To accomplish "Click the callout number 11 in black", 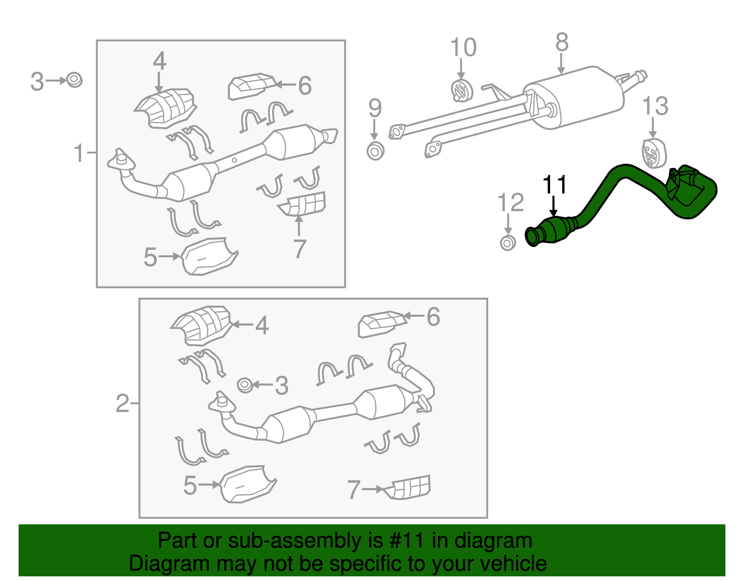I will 555,185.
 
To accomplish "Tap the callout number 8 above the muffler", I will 562,43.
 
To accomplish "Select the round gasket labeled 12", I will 508,242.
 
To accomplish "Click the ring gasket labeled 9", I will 375,151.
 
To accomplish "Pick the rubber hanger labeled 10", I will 461,91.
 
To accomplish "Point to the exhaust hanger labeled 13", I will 653,152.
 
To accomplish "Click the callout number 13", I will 655,107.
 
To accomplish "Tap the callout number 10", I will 463,47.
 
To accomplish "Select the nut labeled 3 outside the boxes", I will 74,80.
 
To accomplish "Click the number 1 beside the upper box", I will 80,153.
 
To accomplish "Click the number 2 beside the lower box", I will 122,403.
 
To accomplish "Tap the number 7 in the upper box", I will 300,249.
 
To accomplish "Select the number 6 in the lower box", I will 433,317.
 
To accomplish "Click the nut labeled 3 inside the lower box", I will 245,385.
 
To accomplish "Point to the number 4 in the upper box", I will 159,61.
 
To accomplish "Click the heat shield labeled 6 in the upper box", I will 251,86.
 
